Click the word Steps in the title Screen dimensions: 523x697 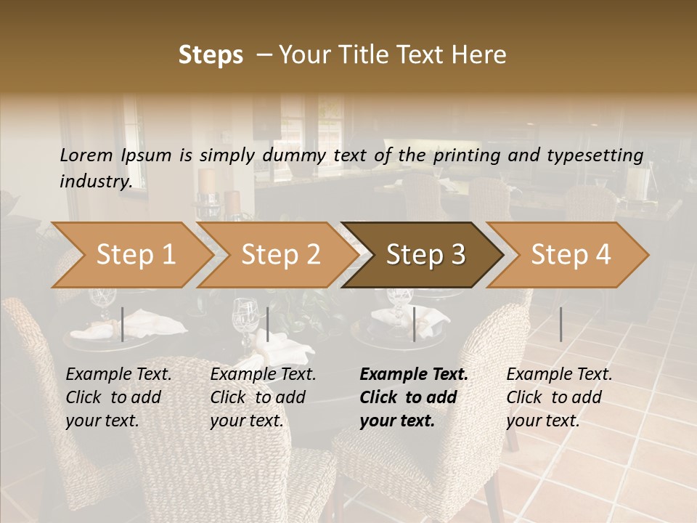click(211, 55)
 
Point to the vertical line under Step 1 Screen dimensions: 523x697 click(123, 324)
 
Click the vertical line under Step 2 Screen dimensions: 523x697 click(268, 324)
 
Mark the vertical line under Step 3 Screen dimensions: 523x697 click(414, 324)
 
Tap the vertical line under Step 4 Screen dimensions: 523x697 click(561, 324)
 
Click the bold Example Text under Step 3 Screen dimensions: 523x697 click(414, 375)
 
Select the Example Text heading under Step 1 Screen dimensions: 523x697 click(118, 375)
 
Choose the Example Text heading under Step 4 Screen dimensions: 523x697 click(559, 375)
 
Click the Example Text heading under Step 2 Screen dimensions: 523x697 click(263, 375)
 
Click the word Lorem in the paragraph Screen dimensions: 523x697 click(86, 155)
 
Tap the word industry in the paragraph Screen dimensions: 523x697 click(95, 182)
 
